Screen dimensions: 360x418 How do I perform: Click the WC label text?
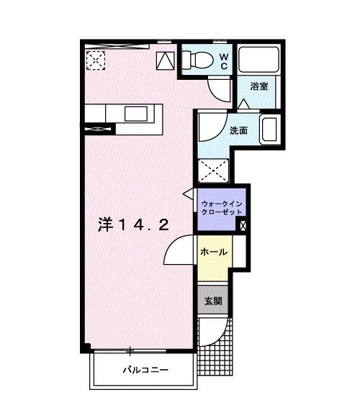(224, 61)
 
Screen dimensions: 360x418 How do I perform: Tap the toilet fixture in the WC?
(197, 60)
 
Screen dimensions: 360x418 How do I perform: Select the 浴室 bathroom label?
(259, 86)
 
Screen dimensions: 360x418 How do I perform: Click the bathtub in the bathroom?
(258, 60)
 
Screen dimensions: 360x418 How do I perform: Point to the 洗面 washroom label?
(238, 130)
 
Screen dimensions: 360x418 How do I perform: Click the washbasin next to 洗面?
(270, 130)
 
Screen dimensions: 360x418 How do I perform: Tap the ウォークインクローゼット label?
(222, 208)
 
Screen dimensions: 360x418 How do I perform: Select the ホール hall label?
(214, 252)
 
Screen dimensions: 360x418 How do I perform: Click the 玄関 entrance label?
(213, 301)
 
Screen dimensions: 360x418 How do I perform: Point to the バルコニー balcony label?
(145, 370)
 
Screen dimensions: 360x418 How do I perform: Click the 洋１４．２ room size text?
(133, 224)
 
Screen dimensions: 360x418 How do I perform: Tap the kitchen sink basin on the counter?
(136, 114)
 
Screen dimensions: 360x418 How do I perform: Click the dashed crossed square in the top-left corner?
(95, 60)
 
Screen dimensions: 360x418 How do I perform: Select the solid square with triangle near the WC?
(165, 60)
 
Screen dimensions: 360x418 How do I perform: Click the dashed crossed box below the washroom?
(213, 171)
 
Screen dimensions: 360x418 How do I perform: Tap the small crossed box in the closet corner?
(243, 226)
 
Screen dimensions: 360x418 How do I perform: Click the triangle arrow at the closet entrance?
(189, 194)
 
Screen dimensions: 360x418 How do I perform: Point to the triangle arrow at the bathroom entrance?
(243, 104)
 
